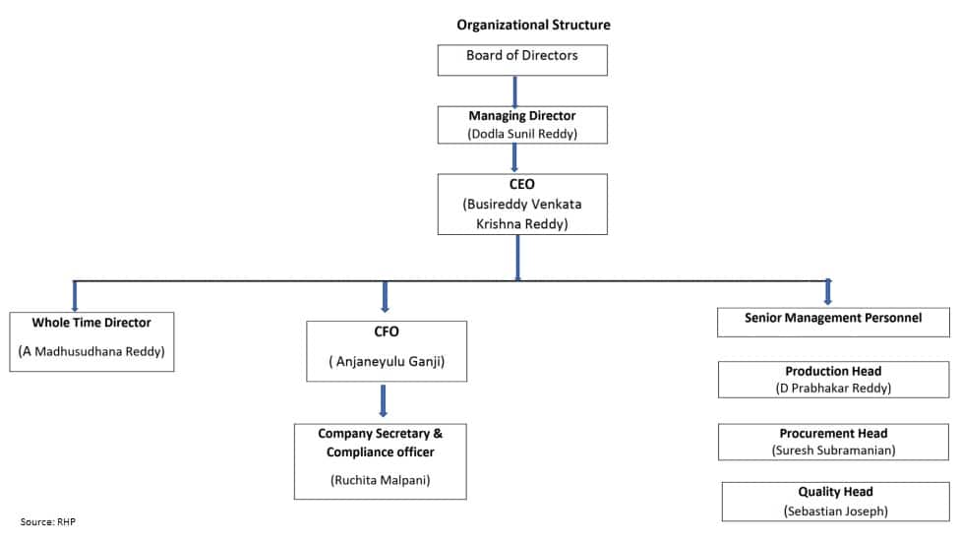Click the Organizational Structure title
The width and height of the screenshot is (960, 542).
pyautogui.click(x=533, y=26)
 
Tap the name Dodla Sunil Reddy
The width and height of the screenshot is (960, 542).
pyautogui.click(x=522, y=134)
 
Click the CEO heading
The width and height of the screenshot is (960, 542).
pyautogui.click(x=521, y=184)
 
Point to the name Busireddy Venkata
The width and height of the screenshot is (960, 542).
pyautogui.click(x=522, y=205)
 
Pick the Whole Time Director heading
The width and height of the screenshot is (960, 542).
pyautogui.click(x=91, y=323)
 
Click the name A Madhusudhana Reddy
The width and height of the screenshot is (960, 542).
pyautogui.click(x=91, y=351)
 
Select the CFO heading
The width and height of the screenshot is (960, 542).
pyautogui.click(x=387, y=331)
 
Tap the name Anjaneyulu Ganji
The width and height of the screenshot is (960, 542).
pyautogui.click(x=387, y=361)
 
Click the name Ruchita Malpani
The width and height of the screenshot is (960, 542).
pyautogui.click(x=381, y=480)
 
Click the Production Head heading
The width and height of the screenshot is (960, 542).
pyautogui.click(x=833, y=371)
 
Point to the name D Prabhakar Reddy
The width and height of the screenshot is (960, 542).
pyautogui.click(x=833, y=389)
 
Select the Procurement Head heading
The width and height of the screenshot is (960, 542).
pyautogui.click(x=833, y=434)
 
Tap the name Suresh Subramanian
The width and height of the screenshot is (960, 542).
pyautogui.click(x=833, y=451)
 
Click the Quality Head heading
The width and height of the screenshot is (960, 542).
pyautogui.click(x=835, y=492)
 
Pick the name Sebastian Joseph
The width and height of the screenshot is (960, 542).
pyautogui.click(x=836, y=512)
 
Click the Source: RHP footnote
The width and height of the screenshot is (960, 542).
pyautogui.click(x=48, y=521)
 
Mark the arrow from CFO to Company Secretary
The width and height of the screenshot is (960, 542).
pyautogui.click(x=384, y=400)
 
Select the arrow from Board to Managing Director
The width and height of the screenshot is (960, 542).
pyautogui.click(x=514, y=91)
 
